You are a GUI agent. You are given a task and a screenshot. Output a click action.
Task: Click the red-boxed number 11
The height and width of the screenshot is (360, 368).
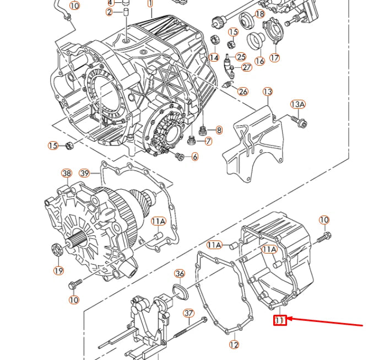click(280, 320)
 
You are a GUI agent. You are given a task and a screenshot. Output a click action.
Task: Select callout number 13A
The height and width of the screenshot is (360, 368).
click(298, 104)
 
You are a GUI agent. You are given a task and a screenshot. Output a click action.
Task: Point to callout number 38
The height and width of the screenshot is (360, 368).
click(67, 173)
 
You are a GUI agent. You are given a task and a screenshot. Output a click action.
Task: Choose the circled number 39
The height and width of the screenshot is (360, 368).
click(84, 173)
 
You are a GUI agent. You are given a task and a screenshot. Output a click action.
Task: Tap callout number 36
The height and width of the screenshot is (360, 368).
click(180, 274)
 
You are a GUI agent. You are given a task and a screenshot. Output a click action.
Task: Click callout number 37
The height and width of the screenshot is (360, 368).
click(189, 313)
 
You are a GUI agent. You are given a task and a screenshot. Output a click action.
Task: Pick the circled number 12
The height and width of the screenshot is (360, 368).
click(234, 345)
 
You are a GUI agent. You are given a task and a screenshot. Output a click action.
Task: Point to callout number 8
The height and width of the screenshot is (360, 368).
click(219, 131)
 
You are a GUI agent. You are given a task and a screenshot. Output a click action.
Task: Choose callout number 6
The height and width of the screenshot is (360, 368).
click(194, 157)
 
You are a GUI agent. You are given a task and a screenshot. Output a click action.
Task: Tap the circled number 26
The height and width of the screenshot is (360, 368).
click(243, 92)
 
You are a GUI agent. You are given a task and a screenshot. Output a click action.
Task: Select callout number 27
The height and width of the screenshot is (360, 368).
click(246, 67)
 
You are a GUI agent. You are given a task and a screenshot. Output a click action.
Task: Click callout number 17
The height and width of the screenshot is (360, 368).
click(274, 57)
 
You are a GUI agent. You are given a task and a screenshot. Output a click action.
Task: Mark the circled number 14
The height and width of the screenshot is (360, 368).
click(214, 57)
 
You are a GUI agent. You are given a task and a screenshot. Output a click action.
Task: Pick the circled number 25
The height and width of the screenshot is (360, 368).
click(241, 56)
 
